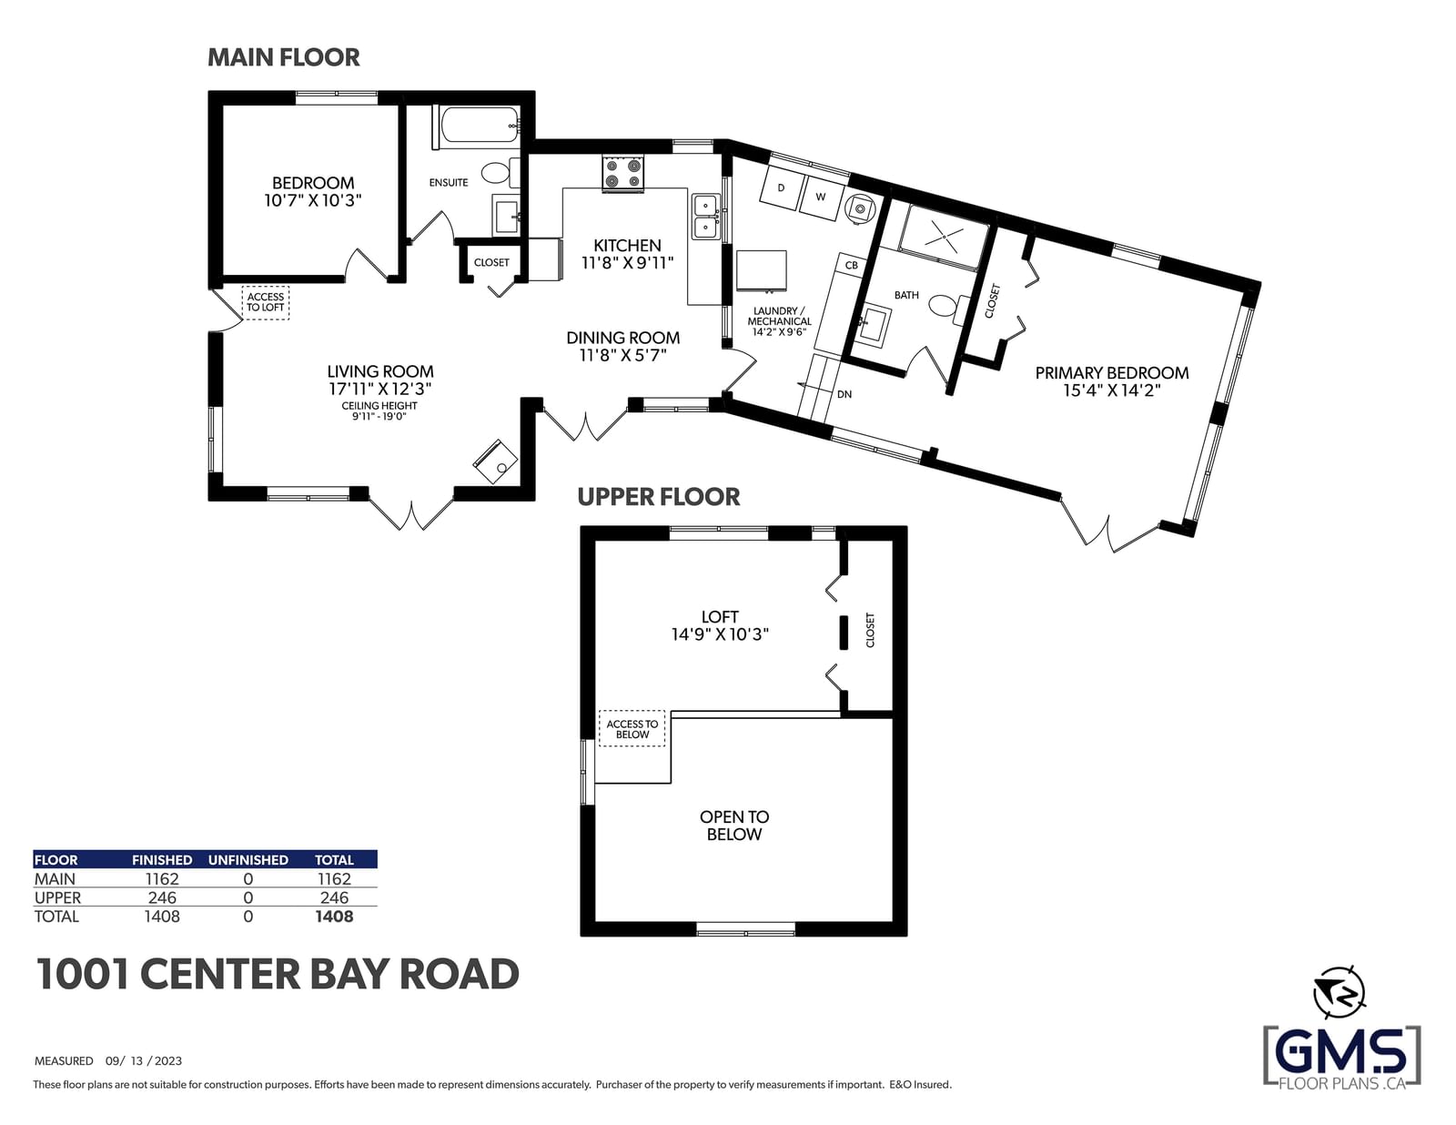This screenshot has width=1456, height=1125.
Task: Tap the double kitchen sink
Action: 705,218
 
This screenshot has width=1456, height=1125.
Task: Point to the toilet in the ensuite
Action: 500,173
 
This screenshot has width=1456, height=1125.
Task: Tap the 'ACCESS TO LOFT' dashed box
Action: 266,302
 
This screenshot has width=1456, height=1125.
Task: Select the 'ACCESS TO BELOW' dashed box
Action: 632,728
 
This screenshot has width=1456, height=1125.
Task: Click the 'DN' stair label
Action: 844,394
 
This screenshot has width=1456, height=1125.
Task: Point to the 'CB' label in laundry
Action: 852,265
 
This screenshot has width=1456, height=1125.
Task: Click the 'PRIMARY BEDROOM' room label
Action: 1112,372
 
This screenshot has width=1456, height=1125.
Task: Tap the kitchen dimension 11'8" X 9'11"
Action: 627,263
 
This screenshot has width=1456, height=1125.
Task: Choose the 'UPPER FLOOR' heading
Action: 659,496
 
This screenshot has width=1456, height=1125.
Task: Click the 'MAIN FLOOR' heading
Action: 283,57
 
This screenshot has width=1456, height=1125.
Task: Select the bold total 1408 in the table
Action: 334,916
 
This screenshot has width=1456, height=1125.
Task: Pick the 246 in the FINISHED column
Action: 162,897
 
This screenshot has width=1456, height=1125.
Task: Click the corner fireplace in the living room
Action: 495,461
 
